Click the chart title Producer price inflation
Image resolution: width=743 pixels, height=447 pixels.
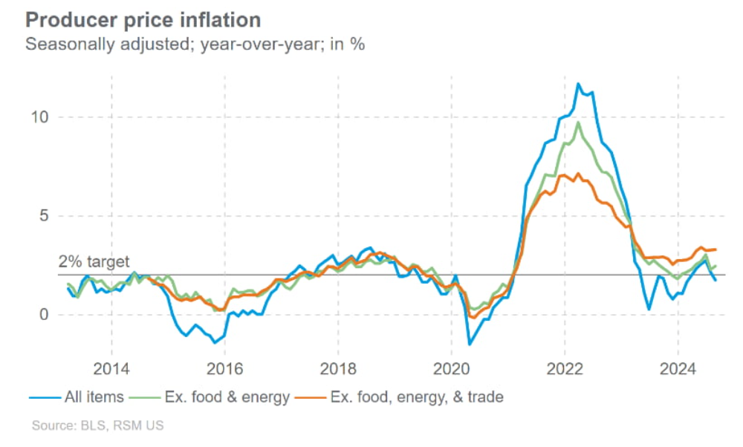[x=143, y=19]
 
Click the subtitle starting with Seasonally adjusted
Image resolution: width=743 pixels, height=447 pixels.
[x=195, y=44]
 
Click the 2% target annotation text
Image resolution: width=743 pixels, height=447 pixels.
[x=94, y=262]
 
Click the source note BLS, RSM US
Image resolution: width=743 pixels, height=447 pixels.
[x=97, y=426]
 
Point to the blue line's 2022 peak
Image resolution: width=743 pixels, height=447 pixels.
[x=577, y=84]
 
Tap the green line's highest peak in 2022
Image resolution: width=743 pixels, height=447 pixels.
[x=577, y=123]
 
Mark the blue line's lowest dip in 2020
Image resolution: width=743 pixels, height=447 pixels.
[x=470, y=344]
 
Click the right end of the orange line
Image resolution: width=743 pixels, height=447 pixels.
[x=716, y=249]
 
